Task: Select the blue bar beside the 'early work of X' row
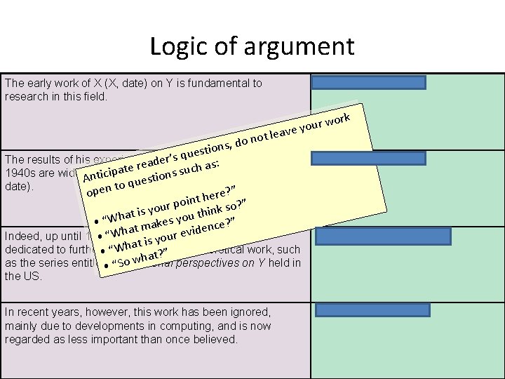point(368,82)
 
